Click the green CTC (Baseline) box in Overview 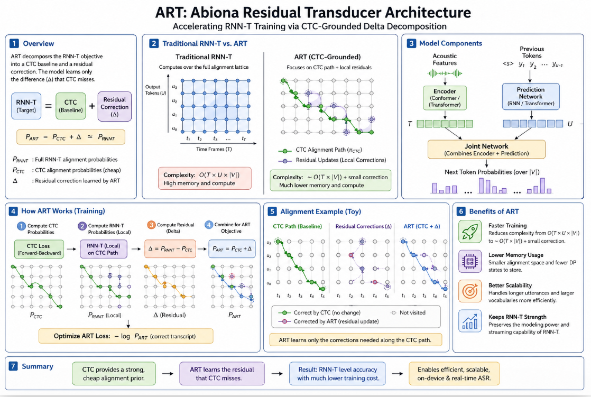point(70,106)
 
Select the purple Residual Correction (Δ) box point(115,106)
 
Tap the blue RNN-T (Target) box point(26,106)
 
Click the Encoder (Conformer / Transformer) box point(445,98)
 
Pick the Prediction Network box point(531,96)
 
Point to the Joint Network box point(486,149)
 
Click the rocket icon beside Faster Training point(469,231)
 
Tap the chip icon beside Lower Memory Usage point(469,261)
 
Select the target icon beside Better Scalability point(469,291)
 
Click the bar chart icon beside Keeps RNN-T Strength point(469,321)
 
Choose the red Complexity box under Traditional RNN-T point(205,178)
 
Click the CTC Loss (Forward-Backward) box point(39,249)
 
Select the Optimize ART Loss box point(126,336)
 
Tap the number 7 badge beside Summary point(13,366)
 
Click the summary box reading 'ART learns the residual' point(222,374)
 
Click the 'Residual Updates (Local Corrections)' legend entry point(332,160)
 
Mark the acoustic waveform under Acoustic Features point(445,73)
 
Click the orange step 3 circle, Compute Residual point(151,225)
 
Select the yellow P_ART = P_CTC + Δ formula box point(70,137)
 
